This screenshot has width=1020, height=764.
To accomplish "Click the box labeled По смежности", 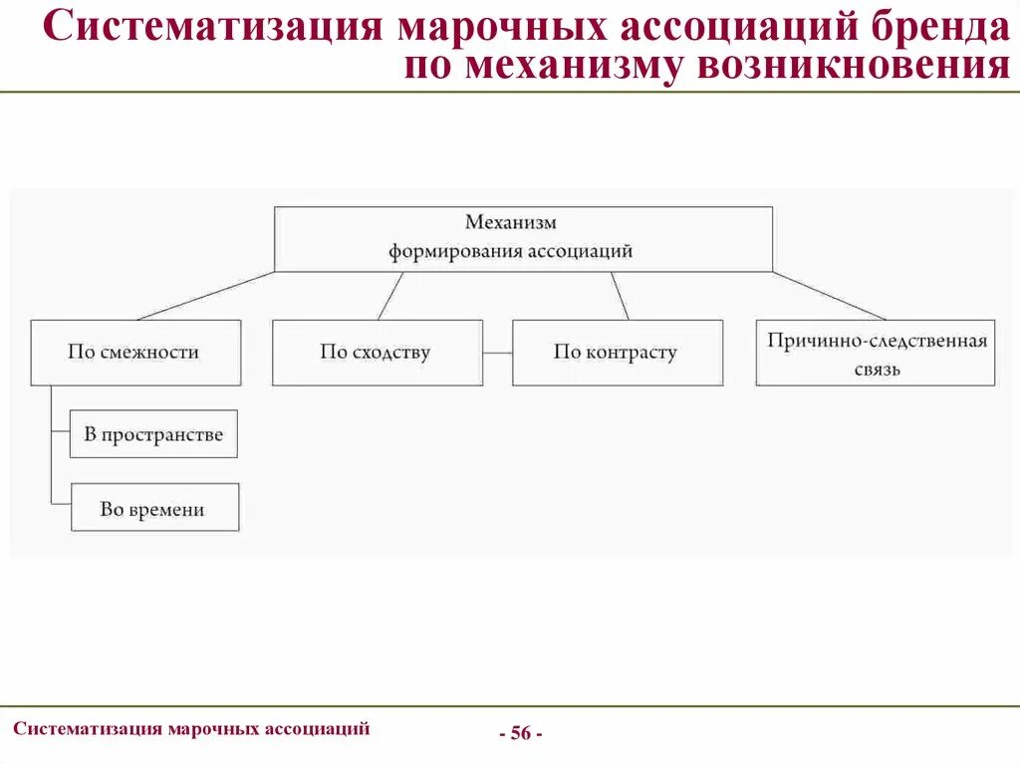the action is click(135, 353).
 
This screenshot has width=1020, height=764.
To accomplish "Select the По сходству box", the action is click(377, 353).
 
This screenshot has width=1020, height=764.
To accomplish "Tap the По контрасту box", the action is click(618, 353).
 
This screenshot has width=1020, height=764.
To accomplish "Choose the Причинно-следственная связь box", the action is click(876, 353).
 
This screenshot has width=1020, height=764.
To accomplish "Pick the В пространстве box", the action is click(153, 434).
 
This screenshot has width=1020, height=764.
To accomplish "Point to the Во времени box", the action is click(153, 508).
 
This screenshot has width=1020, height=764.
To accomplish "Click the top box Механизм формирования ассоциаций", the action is click(523, 239).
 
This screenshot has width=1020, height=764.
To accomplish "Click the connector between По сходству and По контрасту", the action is click(497, 353).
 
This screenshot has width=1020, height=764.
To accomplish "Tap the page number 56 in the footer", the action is click(520, 734).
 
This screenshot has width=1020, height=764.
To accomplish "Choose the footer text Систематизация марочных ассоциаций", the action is click(191, 728).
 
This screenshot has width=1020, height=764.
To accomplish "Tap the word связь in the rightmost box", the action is click(876, 370).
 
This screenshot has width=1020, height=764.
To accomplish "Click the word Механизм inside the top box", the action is click(511, 223).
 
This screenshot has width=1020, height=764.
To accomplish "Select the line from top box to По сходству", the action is click(390, 295).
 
